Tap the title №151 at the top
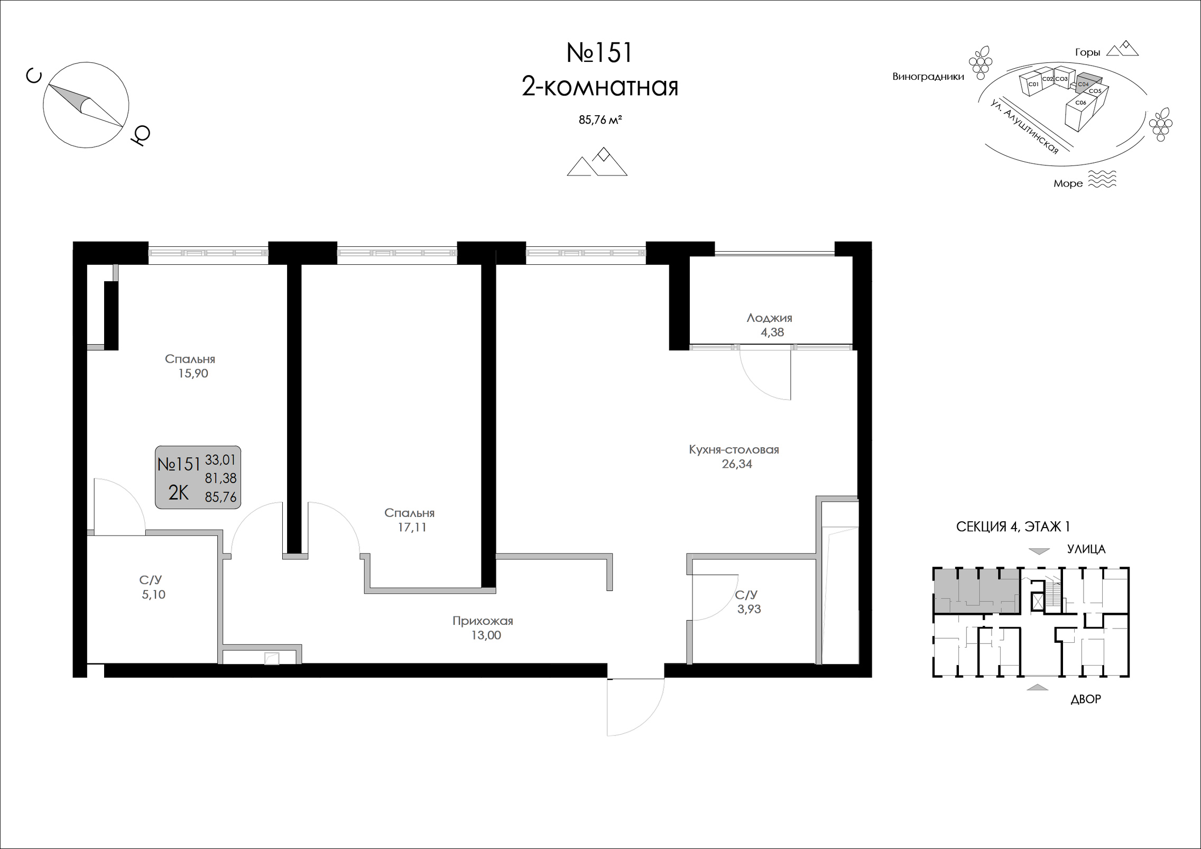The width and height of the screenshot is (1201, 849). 599,53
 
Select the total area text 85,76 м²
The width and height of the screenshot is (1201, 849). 600,120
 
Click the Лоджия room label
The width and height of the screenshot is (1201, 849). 769,318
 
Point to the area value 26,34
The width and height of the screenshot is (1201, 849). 737,464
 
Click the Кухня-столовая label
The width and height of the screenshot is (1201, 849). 734,450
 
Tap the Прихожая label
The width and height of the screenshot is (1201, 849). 483,621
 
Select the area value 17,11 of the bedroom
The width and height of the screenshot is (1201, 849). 412,528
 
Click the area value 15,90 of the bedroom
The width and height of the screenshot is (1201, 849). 193,374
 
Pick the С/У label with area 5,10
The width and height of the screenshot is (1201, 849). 151,580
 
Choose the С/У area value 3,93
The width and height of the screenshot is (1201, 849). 749,609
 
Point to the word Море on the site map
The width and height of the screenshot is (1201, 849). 1068,183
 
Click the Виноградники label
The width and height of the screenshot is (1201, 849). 928,77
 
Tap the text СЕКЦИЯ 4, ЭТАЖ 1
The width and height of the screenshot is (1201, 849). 1013,527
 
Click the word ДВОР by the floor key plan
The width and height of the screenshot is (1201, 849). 1086,699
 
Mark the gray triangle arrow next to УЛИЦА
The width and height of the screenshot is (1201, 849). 1039,551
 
